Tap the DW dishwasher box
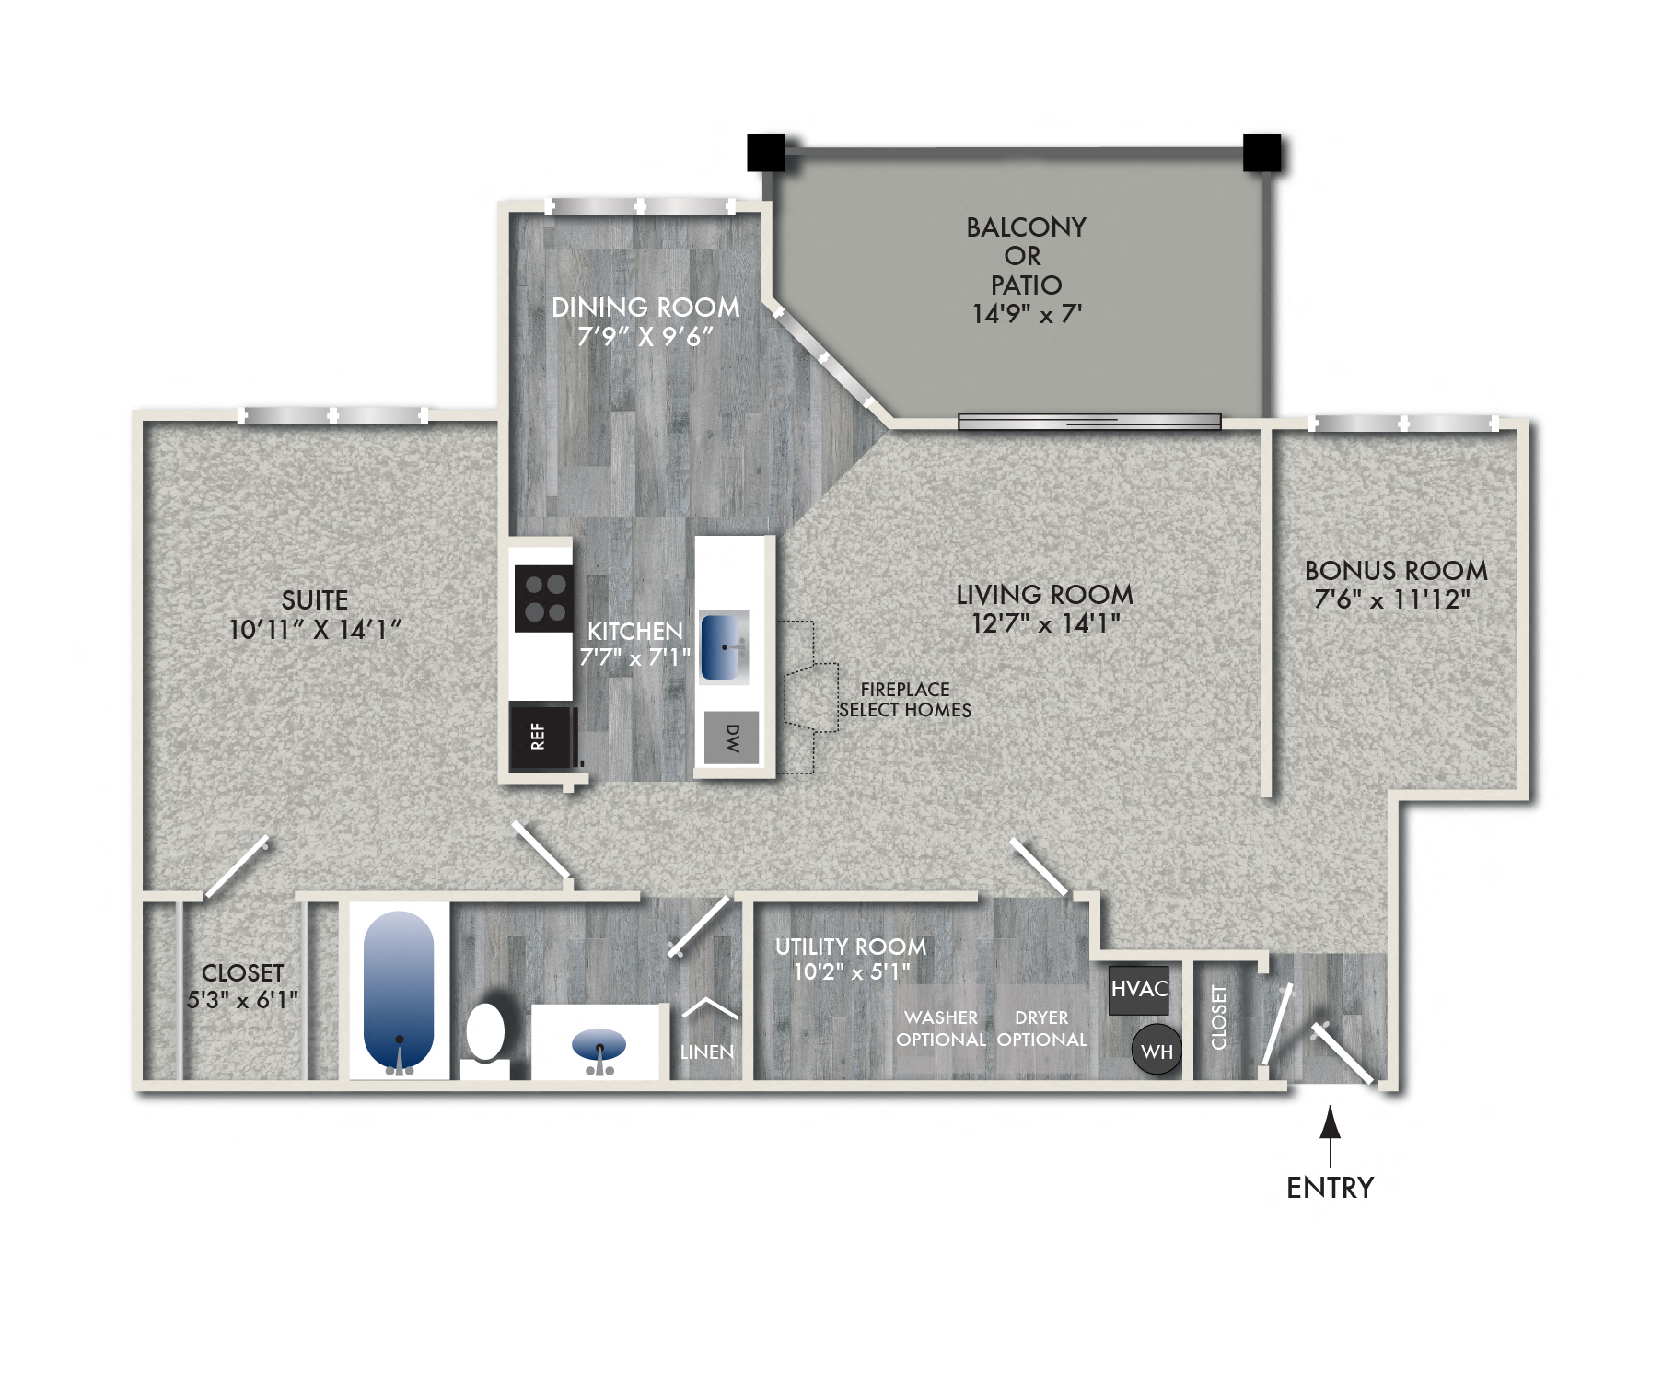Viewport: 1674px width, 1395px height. [x=732, y=738]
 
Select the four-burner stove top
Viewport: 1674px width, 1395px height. [x=544, y=598]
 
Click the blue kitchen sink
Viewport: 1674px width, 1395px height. [x=724, y=646]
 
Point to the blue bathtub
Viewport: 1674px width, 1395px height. [x=399, y=990]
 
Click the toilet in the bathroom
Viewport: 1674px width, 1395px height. [x=485, y=1036]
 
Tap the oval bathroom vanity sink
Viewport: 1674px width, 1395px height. [x=599, y=1045]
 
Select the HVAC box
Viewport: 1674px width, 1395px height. [x=1139, y=990]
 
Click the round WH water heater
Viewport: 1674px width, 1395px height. [x=1157, y=1051]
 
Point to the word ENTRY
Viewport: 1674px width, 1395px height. [x=1330, y=1188]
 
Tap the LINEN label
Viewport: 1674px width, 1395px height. [x=707, y=1052]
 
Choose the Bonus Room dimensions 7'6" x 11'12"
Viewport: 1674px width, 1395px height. [x=1392, y=600]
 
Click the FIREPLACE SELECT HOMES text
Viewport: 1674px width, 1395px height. [x=905, y=700]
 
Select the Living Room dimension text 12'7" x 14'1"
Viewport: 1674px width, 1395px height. [x=1045, y=624]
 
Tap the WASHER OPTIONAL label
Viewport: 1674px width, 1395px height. [x=941, y=1029]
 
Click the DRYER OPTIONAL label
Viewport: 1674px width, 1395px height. [x=1041, y=1029]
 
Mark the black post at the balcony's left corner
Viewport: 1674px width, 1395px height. [x=765, y=153]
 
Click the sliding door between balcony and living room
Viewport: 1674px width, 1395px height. [x=1089, y=422]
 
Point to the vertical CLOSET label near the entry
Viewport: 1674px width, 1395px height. [x=1219, y=1017]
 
